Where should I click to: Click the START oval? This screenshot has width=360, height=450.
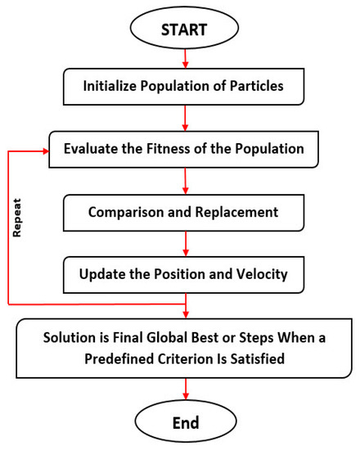[x=184, y=28]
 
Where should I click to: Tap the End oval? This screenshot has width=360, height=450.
[x=186, y=421]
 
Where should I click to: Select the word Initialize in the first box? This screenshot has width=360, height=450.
[x=110, y=86]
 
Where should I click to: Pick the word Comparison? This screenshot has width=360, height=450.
[x=126, y=213]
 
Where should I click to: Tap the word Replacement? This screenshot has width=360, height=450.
[x=236, y=212]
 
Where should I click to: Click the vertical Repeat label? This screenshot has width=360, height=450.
[x=17, y=218]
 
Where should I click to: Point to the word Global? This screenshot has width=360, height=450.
[x=167, y=337]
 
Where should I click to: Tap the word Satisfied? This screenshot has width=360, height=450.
[x=258, y=358]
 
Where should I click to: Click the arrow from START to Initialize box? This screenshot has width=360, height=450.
[x=185, y=59]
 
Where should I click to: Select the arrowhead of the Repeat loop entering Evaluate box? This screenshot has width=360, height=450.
[x=46, y=151]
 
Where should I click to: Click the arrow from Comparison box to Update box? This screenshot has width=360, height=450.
[x=186, y=244]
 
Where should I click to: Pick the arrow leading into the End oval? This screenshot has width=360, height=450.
[x=186, y=389]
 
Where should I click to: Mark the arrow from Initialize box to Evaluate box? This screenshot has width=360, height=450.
[x=185, y=119]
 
